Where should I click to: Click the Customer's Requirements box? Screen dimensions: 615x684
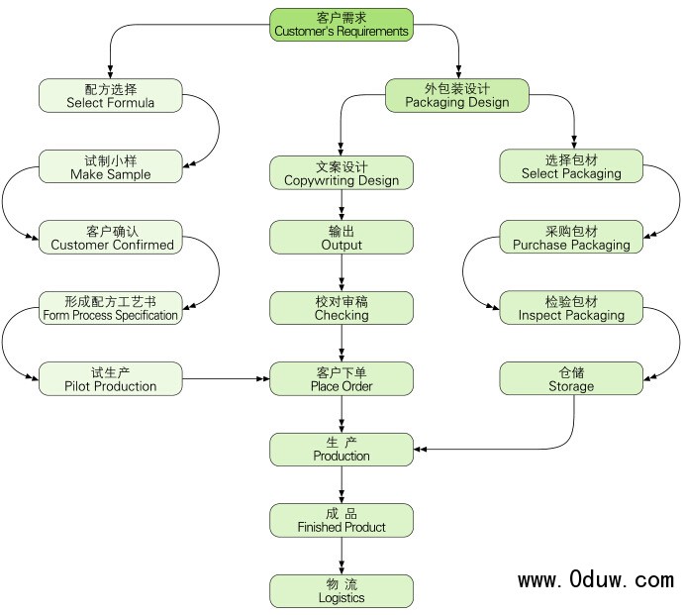tap(341, 24)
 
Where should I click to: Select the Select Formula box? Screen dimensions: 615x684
tap(110, 95)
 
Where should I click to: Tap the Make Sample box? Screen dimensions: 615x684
tap(110, 166)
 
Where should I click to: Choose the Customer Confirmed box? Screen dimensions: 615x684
tap(111, 238)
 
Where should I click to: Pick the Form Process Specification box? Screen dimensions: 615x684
tap(110, 308)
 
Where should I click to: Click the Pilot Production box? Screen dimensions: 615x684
tap(110, 379)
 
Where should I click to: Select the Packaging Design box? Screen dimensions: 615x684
tap(456, 95)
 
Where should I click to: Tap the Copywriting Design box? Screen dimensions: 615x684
tap(342, 173)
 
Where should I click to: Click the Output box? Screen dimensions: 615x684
tap(342, 237)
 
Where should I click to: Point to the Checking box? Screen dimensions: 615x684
tap(342, 308)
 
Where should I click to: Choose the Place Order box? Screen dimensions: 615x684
tap(342, 379)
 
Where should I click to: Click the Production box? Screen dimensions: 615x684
tap(342, 450)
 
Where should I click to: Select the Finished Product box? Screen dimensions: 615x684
tap(342, 520)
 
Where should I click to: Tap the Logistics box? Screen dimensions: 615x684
tap(342, 591)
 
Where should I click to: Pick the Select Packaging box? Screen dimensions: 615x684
tap(571, 166)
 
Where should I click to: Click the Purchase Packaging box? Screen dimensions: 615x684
tap(571, 238)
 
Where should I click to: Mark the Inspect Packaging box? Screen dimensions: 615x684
tap(571, 308)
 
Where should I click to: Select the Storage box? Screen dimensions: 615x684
tap(571, 379)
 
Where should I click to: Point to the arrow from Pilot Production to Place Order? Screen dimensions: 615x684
tap(228, 379)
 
